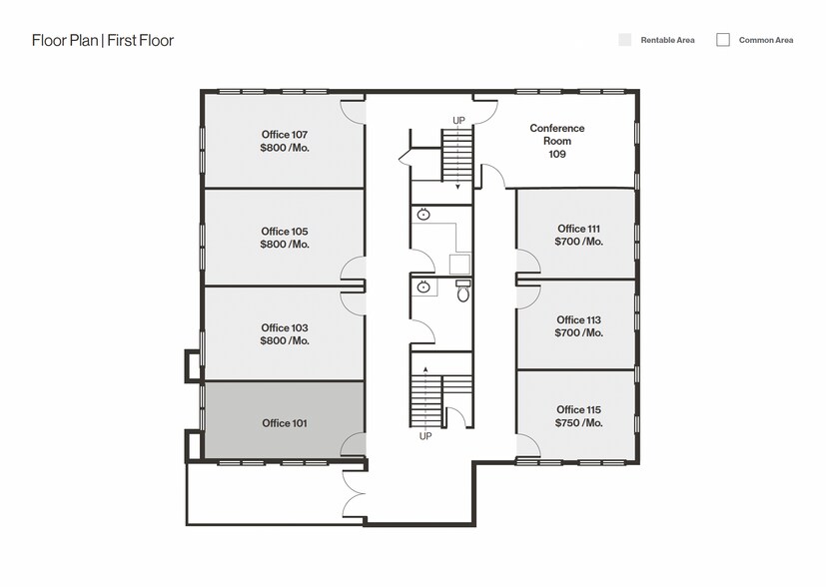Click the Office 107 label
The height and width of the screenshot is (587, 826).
[284, 135]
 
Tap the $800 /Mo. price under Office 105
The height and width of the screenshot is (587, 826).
[285, 245]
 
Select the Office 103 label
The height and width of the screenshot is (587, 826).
[285, 327]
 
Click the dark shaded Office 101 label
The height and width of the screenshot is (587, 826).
[285, 423]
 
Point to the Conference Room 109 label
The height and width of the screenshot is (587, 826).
[557, 141]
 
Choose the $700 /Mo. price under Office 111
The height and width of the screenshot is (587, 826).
[579, 242]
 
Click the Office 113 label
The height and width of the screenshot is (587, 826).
[579, 319]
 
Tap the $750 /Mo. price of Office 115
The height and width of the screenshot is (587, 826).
[579, 423]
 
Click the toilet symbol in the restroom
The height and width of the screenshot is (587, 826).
[462, 293]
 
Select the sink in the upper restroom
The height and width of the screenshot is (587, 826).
[423, 215]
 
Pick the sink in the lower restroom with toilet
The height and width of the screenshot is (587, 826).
[423, 288]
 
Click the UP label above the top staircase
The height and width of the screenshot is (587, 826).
[458, 121]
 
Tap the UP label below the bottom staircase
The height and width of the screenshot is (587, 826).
[425, 436]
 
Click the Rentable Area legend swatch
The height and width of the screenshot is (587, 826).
[624, 40]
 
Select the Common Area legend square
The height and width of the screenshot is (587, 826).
[722, 40]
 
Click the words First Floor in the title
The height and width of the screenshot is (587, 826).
[141, 41]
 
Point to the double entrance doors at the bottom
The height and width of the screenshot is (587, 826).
[353, 493]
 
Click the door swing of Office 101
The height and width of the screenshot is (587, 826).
[352, 446]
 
